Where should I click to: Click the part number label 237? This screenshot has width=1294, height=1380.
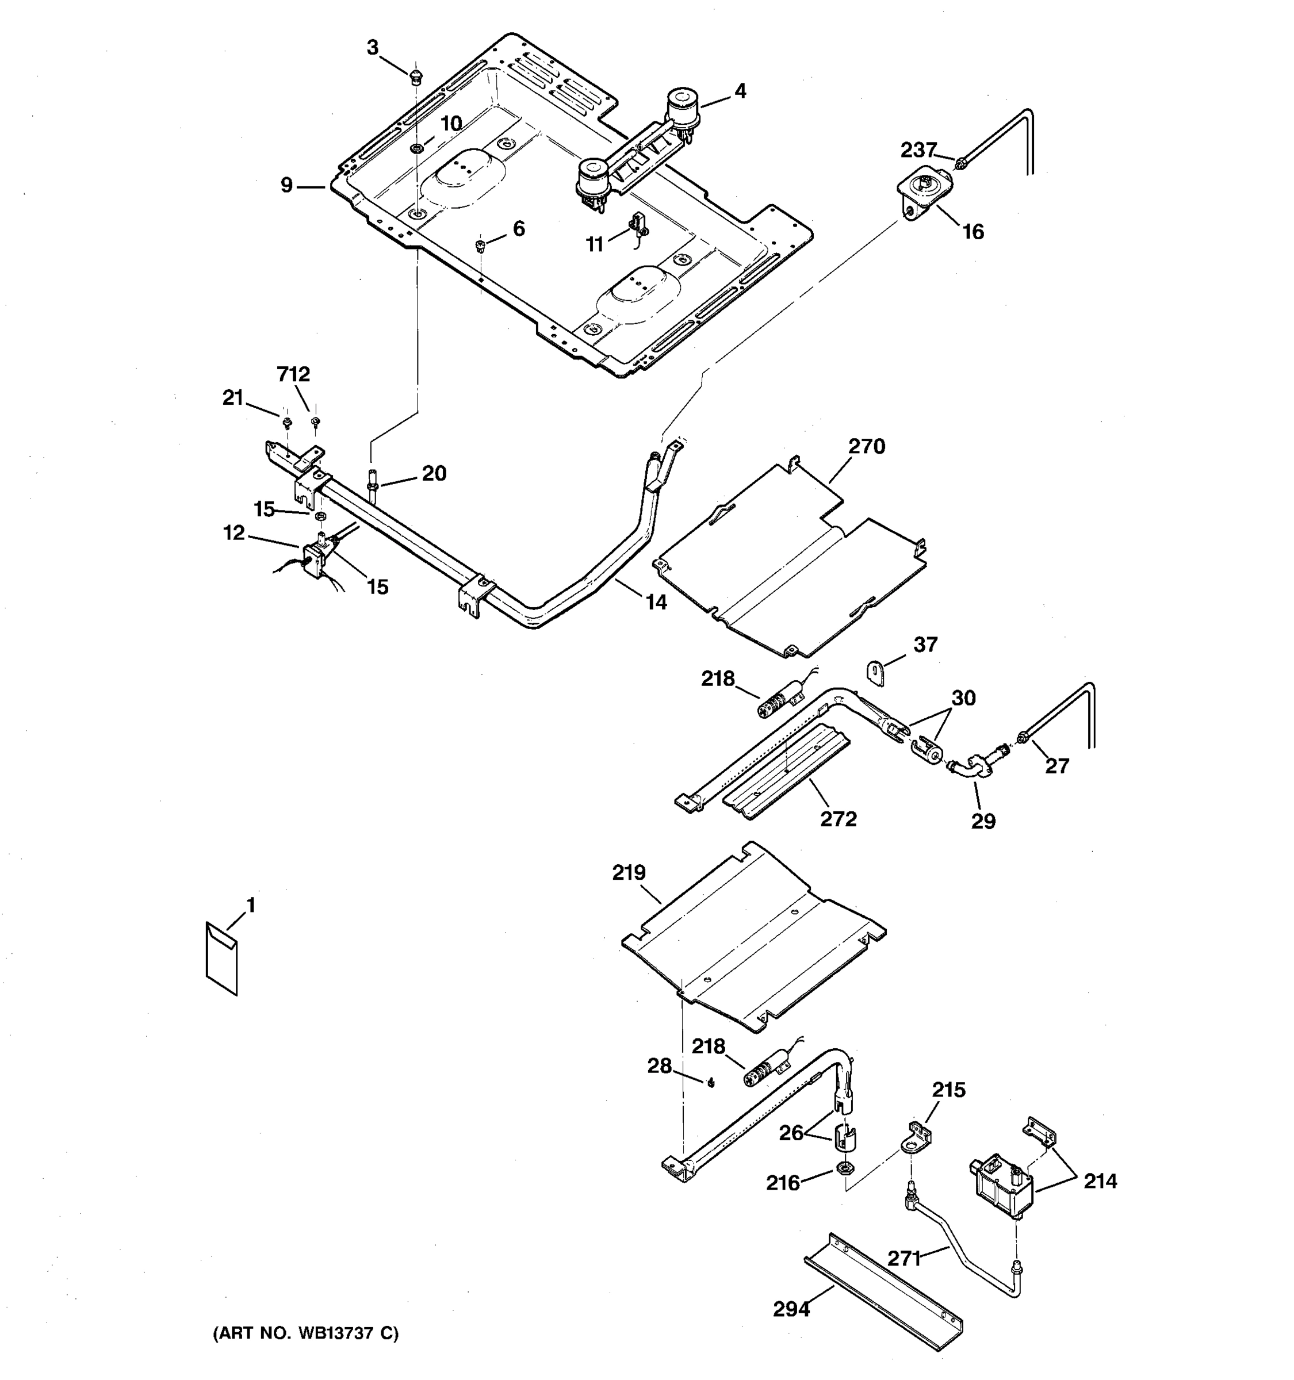(x=918, y=150)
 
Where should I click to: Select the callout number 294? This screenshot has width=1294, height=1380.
(x=791, y=1309)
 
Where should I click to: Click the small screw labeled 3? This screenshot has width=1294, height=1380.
(x=415, y=75)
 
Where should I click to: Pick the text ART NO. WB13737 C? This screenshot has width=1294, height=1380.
(x=305, y=1333)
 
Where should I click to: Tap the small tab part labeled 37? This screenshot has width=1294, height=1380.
(x=876, y=673)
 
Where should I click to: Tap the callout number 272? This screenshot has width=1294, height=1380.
(x=838, y=819)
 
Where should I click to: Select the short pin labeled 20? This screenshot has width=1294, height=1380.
(x=373, y=481)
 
